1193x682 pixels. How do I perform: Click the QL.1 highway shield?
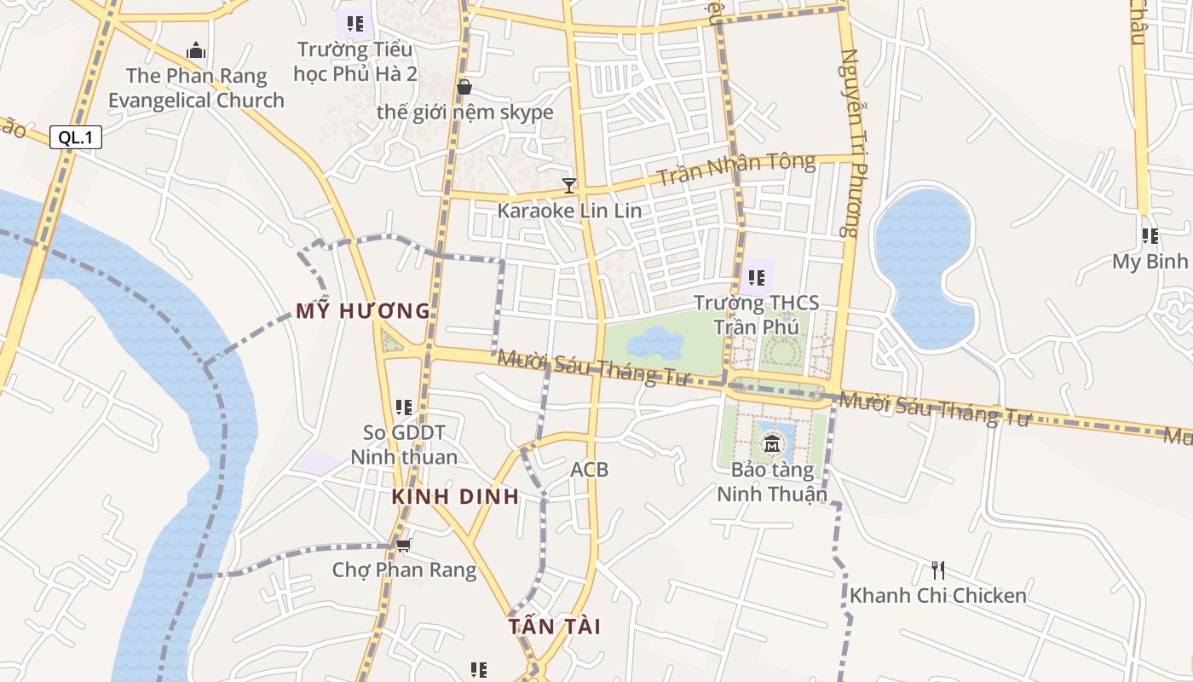click(x=75, y=137)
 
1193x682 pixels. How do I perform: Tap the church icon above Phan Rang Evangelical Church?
click(x=196, y=50)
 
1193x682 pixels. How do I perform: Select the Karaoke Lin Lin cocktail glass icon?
click(x=569, y=184)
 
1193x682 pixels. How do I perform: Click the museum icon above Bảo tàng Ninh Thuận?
click(x=772, y=443)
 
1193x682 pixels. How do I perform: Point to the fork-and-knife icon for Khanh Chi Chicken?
click(x=937, y=569)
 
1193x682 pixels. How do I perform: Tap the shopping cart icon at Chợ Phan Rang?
click(x=403, y=544)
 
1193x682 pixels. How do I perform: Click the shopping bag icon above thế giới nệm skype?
click(x=464, y=87)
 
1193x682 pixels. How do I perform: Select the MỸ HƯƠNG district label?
click(x=363, y=311)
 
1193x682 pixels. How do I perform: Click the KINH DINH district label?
click(x=455, y=497)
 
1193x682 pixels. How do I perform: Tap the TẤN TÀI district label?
click(x=555, y=627)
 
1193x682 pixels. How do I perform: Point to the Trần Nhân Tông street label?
click(x=737, y=169)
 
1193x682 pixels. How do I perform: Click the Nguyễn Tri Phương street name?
click(x=850, y=142)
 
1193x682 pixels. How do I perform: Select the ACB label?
click(x=590, y=469)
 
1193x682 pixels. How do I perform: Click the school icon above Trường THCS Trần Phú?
click(x=756, y=277)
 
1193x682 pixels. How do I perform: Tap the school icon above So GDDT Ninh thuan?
click(x=404, y=407)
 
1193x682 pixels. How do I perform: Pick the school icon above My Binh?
click(x=1150, y=235)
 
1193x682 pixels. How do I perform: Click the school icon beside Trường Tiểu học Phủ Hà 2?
click(x=355, y=23)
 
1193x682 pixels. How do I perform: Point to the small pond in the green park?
click(x=654, y=344)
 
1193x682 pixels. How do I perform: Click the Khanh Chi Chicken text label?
click(x=937, y=595)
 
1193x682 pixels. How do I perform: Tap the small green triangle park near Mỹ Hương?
click(x=392, y=343)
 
